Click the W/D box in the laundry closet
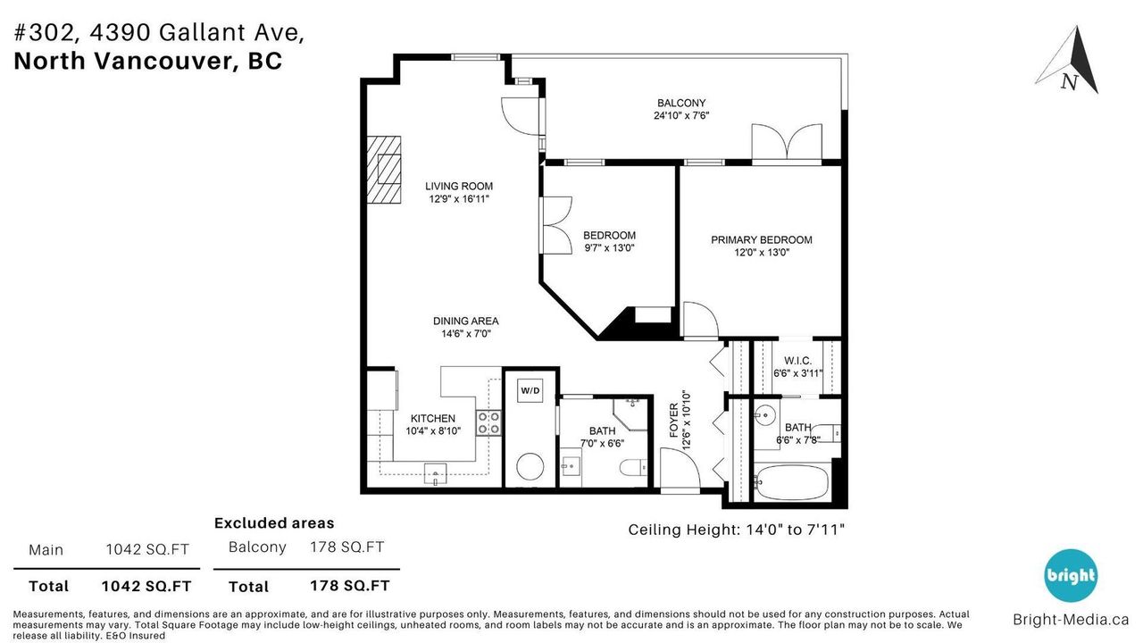(530, 391)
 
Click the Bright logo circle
(1071, 575)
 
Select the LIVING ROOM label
(459, 187)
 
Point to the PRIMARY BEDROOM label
(762, 240)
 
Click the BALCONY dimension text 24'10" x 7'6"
(681, 115)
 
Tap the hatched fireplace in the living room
(384, 170)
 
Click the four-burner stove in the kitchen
(488, 423)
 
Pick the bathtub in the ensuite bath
(791, 482)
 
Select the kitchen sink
(435, 474)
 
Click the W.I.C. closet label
(797, 361)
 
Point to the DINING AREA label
(465, 321)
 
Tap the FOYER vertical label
(673, 421)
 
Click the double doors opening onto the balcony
(787, 142)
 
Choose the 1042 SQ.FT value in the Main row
(147, 549)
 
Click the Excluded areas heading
(274, 523)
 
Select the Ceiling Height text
(736, 530)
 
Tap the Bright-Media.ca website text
(1071, 620)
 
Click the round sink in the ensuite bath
(765, 415)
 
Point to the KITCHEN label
(433, 419)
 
